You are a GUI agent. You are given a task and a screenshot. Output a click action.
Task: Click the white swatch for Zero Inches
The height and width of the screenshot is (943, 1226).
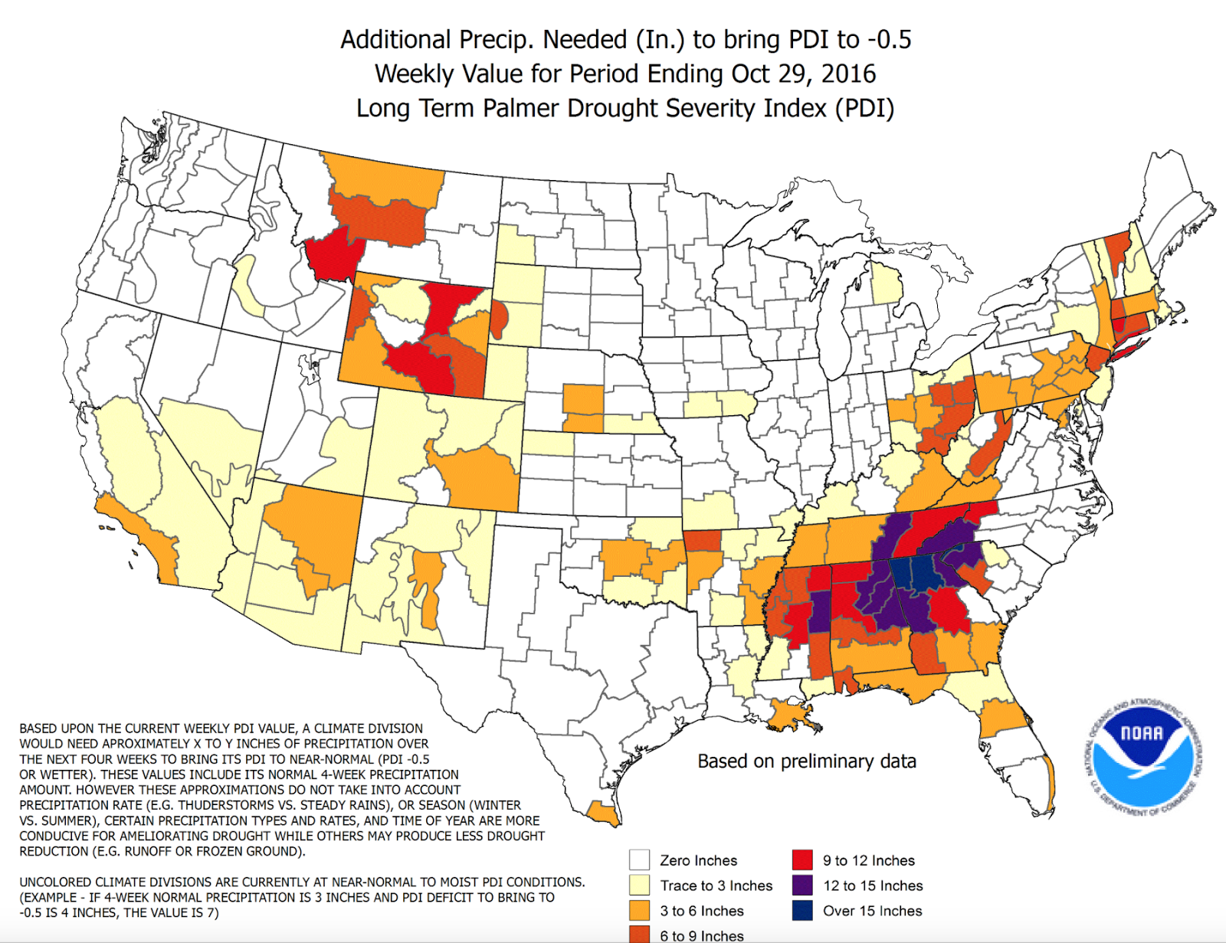pyautogui.click(x=639, y=860)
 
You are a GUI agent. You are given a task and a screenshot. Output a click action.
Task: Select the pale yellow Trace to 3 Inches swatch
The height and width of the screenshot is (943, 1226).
pyautogui.click(x=639, y=885)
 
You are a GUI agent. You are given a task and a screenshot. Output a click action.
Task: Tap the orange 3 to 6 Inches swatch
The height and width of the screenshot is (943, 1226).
pyautogui.click(x=639, y=910)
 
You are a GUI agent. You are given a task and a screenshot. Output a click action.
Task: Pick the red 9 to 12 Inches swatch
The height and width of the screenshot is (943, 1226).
pyautogui.click(x=802, y=860)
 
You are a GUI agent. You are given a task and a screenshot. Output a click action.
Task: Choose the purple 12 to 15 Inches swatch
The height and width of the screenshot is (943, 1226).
pyautogui.click(x=802, y=885)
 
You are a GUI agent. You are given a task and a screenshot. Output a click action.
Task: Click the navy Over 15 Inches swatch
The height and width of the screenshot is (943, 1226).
pyautogui.click(x=802, y=910)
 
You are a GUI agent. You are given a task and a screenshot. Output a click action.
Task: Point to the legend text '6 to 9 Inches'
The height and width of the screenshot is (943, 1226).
pyautogui.click(x=701, y=935)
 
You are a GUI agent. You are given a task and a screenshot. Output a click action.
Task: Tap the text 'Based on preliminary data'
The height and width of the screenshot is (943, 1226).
pyautogui.click(x=806, y=761)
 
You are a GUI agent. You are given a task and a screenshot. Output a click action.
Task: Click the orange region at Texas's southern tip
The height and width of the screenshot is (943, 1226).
pyautogui.click(x=603, y=814)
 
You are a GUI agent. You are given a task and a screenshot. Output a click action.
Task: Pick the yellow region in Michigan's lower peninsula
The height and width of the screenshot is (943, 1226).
pyautogui.click(x=887, y=284)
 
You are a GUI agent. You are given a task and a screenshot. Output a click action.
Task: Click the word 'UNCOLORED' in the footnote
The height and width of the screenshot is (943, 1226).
pyautogui.click(x=55, y=882)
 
